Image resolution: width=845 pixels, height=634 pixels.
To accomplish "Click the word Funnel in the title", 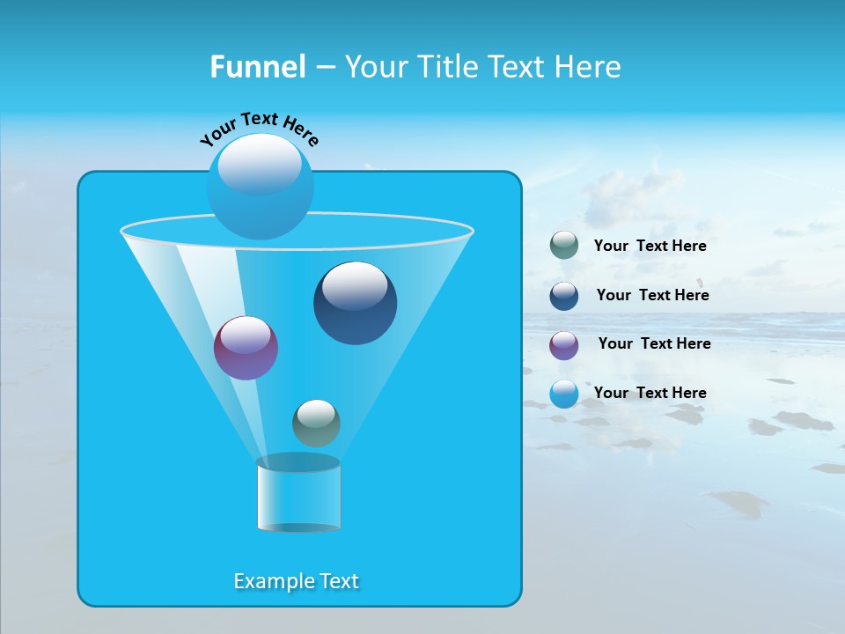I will click(257, 67).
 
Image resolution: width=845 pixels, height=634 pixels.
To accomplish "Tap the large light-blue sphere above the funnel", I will click(260, 186).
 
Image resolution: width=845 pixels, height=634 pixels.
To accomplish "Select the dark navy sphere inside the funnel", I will click(355, 303).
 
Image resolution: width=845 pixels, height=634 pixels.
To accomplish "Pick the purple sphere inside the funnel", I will click(246, 348).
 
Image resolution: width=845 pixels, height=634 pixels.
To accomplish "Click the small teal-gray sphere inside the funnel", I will click(316, 424).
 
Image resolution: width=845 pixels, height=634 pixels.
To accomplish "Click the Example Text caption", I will click(297, 581).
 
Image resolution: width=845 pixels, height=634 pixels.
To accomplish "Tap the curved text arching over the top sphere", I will click(259, 127).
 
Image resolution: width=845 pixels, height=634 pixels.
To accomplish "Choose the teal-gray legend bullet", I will click(564, 246).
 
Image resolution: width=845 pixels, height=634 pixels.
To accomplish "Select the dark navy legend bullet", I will click(564, 296).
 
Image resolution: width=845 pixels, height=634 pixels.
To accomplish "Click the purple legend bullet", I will click(564, 344).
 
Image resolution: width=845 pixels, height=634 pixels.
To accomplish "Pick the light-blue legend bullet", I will click(564, 394).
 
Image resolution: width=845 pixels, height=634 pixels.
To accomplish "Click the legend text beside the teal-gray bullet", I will click(650, 246).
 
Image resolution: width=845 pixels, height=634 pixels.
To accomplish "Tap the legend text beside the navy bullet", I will click(652, 295).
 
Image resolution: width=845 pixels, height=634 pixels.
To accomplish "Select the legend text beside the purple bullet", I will click(654, 343).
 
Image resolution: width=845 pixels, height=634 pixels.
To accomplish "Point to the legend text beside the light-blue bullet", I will click(650, 393).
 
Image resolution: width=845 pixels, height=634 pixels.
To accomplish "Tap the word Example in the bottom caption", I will click(269, 581).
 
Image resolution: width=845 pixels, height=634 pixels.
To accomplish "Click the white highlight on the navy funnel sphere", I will click(355, 284).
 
